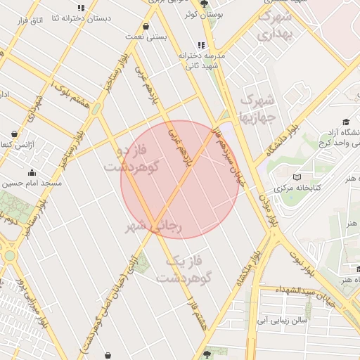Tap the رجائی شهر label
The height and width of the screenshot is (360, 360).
coord(154,226)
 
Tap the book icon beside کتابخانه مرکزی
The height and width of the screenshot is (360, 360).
coord(297,177)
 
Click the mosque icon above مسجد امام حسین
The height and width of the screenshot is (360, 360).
coord(31,172)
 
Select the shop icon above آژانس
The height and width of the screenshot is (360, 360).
coord(15,134)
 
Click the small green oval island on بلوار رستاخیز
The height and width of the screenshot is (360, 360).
coord(96,109)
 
